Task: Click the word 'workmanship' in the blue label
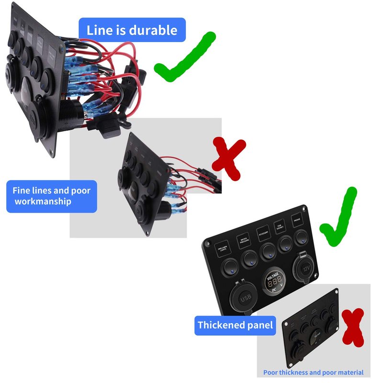pos(43,201)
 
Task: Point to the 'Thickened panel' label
pos(236,326)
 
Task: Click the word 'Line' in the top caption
pos(98,30)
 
